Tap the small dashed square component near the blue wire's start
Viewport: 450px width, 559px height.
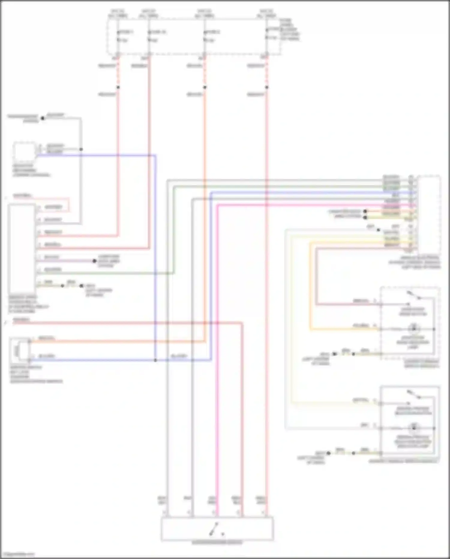click(x=24, y=152)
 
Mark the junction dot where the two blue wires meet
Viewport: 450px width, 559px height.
click(x=155, y=360)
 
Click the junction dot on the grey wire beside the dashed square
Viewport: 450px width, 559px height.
click(x=81, y=149)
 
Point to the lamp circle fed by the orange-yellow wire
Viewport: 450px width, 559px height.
click(x=414, y=329)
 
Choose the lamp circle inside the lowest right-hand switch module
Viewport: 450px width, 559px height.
click(x=414, y=428)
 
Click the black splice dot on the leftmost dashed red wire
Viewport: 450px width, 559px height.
click(x=118, y=87)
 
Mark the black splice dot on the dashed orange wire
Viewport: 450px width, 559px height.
click(x=205, y=87)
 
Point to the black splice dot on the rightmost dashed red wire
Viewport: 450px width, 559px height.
click(x=266, y=87)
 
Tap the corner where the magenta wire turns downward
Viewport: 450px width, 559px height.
click(x=218, y=205)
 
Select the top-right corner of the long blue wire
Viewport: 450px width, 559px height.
click(x=155, y=156)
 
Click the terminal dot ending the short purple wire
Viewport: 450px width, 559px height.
click(x=94, y=261)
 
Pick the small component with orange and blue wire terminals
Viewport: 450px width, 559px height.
click(x=19, y=349)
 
